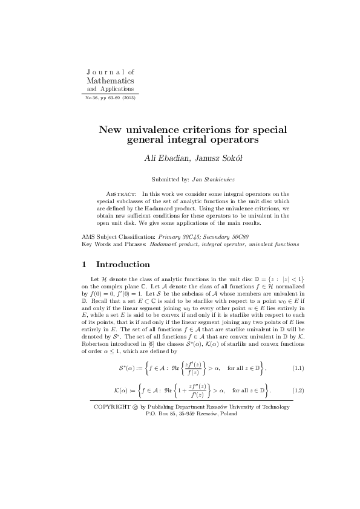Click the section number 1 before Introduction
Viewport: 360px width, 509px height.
[84, 265]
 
